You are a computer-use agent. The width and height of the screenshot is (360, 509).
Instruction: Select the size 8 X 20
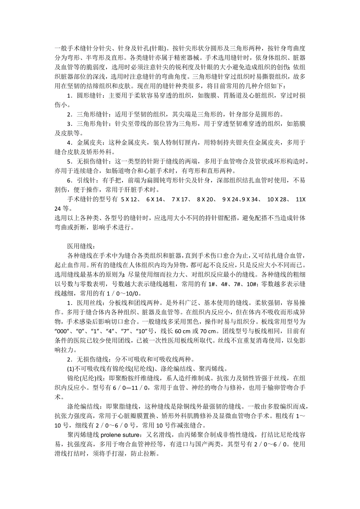tap(206, 199)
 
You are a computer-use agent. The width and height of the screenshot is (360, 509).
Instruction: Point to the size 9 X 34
tap(250, 199)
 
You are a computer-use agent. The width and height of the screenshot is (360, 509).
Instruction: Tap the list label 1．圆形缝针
tap(84, 96)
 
